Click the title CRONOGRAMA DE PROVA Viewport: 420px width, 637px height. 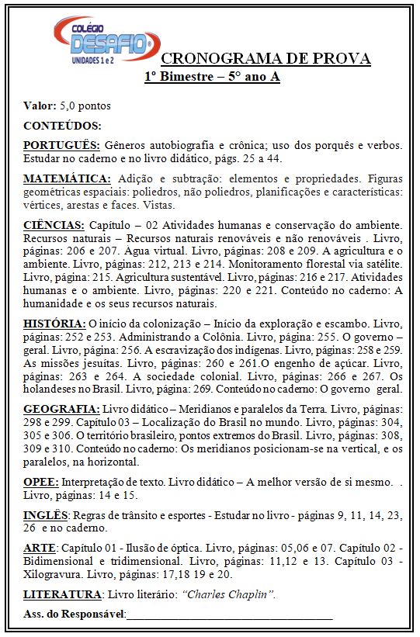click(x=266, y=59)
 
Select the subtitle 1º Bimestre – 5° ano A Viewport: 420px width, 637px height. click(x=211, y=76)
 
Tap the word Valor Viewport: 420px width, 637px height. click(x=40, y=106)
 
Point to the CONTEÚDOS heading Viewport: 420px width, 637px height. click(x=62, y=126)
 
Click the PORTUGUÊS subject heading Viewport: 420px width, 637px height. click(x=61, y=146)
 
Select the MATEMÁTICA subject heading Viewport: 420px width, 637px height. click(x=67, y=178)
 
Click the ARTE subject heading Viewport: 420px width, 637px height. click(x=39, y=548)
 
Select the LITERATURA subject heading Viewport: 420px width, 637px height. click(x=63, y=594)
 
